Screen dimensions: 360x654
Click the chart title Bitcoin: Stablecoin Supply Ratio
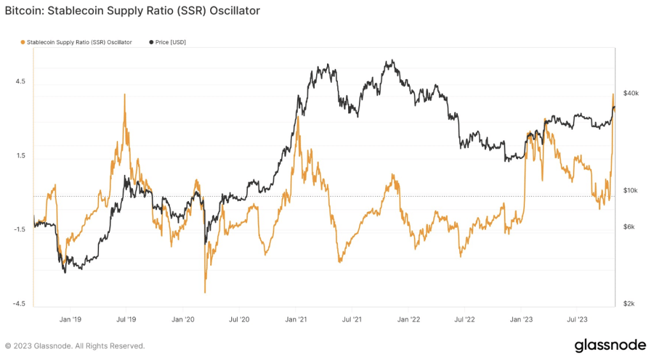click(132, 11)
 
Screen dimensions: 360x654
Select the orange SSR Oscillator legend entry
click(77, 42)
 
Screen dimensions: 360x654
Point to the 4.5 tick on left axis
click(21, 82)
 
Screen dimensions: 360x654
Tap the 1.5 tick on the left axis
click(21, 156)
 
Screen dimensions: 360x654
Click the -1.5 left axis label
click(20, 230)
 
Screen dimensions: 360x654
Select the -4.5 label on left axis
click(20, 304)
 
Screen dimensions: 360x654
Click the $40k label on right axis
click(631, 93)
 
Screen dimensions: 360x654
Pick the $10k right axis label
click(631, 191)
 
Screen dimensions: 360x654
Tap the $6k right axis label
click(630, 227)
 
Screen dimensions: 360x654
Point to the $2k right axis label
click(630, 304)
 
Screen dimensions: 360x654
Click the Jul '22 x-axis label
click(464, 319)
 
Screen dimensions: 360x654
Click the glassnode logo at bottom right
click(610, 345)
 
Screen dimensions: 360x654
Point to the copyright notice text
click(75, 346)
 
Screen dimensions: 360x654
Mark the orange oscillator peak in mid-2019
click(125, 94)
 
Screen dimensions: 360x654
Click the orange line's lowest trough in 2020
click(205, 292)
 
